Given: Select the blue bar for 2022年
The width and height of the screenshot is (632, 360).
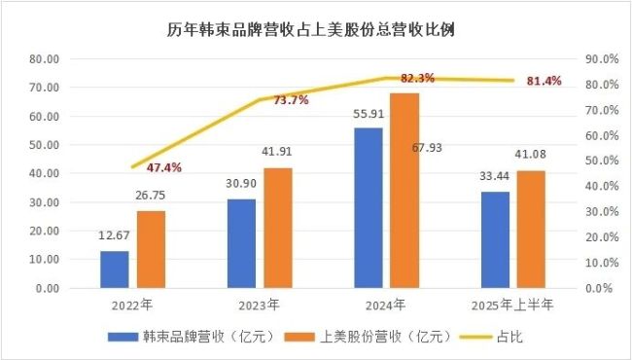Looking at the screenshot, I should point(115,270).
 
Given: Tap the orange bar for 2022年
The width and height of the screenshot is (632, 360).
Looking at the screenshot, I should point(151,249).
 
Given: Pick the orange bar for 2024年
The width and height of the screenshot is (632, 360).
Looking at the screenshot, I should point(404,191).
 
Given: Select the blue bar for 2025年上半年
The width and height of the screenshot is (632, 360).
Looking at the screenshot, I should point(495,239).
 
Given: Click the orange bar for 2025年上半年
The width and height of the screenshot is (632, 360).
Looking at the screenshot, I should point(531,230).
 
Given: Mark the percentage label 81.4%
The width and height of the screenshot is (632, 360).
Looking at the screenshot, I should point(544,81).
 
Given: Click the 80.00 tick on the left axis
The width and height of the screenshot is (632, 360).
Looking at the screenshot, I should point(46,58).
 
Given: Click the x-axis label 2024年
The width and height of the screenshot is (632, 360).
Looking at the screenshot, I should point(387,306).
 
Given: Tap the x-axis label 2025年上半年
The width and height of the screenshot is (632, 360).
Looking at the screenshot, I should point(512,306).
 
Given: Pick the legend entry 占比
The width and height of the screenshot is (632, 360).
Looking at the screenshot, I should point(512,338).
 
